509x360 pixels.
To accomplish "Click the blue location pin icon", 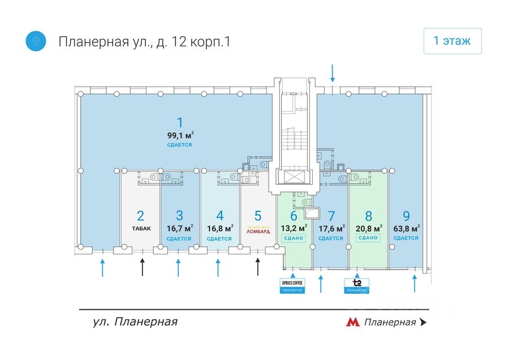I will (x=36, y=41).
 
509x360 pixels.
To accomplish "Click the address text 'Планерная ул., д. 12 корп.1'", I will (x=145, y=42).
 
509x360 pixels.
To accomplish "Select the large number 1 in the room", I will (x=180, y=122).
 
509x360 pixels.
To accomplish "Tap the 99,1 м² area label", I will (x=180, y=135).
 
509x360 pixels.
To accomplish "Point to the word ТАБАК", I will (x=141, y=229).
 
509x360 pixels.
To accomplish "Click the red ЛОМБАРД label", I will (x=258, y=231).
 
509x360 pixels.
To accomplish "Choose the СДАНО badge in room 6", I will (x=294, y=238).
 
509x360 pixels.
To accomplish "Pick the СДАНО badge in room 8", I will (x=368, y=238).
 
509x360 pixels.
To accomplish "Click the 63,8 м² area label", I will (x=406, y=229).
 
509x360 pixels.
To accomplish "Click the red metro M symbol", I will (x=353, y=322).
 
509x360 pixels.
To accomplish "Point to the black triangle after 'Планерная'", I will (x=423, y=322).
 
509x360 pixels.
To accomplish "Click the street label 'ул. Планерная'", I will (x=135, y=322).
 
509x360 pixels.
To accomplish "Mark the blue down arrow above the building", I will (x=333, y=73).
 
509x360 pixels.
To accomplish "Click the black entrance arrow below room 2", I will (x=143, y=267).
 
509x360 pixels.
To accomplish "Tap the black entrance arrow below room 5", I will (x=258, y=267).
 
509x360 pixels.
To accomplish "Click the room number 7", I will (x=331, y=215).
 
